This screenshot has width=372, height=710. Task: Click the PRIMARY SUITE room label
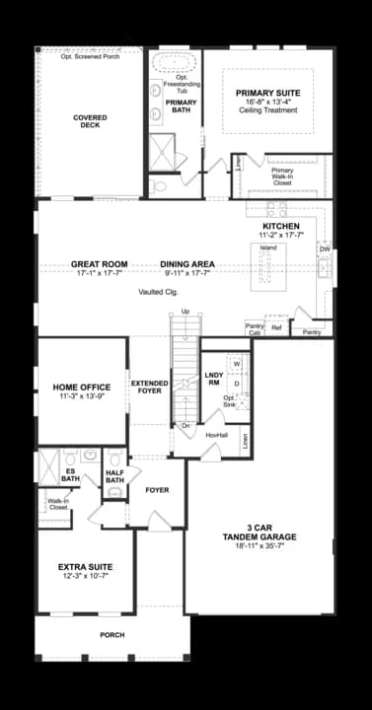(x=267, y=94)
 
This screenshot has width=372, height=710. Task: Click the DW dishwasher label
(x=324, y=249)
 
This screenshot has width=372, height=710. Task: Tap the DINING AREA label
(x=187, y=264)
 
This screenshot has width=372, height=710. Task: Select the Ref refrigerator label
(x=276, y=327)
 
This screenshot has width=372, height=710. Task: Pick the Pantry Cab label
(x=255, y=330)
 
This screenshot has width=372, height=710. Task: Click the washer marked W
(x=237, y=364)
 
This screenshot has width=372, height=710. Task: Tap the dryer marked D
(x=237, y=383)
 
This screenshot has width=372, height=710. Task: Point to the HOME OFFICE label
(x=82, y=387)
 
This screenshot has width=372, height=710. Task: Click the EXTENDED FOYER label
(x=149, y=388)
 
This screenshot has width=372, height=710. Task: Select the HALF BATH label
(x=114, y=475)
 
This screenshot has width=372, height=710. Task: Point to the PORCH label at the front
(x=112, y=634)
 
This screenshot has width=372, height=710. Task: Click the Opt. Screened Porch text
(x=90, y=56)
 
